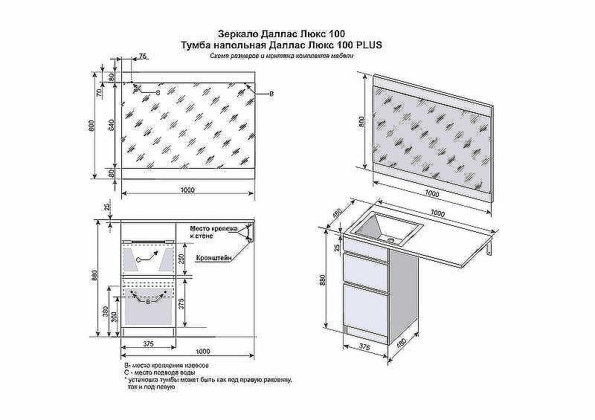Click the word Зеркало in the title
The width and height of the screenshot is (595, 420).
pos(236,33)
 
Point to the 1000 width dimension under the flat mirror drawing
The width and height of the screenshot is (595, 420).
pos(187,191)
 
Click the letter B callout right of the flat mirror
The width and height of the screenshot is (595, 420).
pos(271,93)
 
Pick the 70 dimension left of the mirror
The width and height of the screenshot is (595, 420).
pos(98,94)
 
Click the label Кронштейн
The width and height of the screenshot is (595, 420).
pos(214,258)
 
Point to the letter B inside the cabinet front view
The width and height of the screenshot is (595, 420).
pos(148,303)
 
